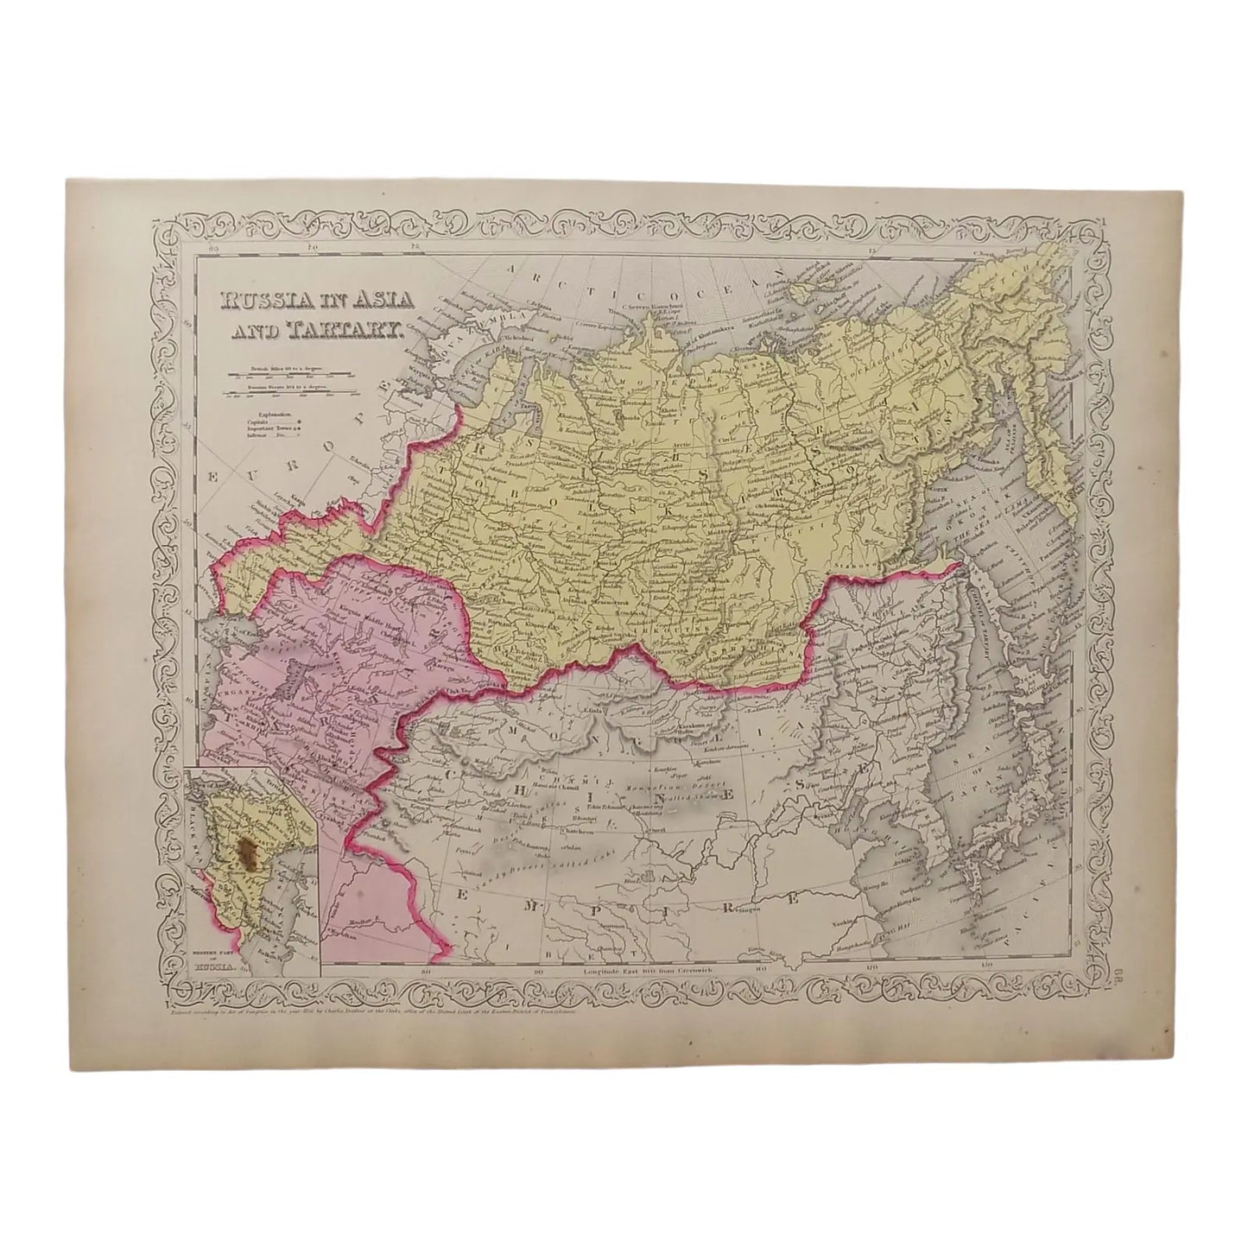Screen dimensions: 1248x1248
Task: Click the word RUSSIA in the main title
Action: (x=259, y=301)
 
